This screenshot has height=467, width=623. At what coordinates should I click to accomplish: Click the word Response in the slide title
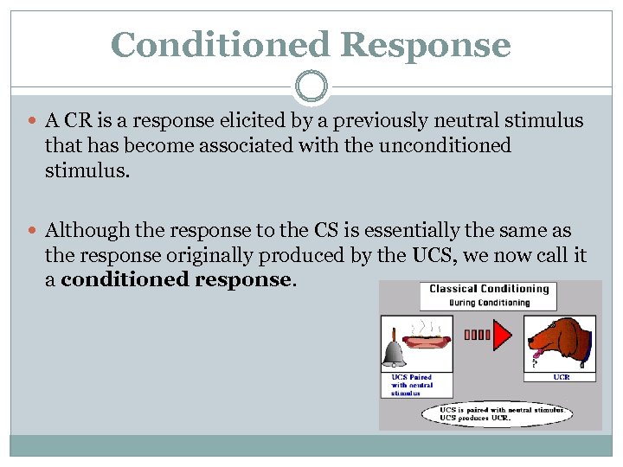[432, 45]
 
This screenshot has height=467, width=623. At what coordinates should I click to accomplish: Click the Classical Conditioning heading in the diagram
[489, 289]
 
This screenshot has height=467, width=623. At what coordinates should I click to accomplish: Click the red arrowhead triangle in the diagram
[502, 334]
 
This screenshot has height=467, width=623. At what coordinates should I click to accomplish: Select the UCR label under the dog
[561, 376]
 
